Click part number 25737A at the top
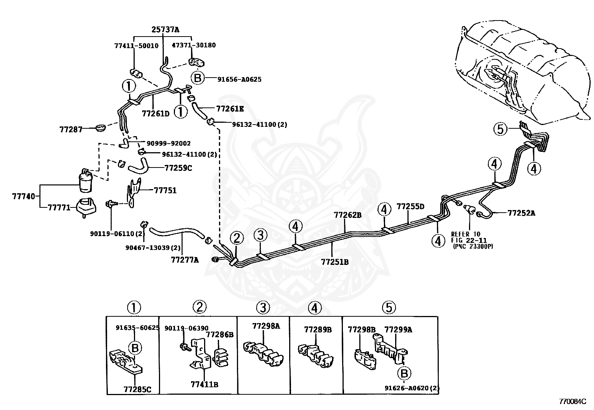(x=165, y=30)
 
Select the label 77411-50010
(x=136, y=46)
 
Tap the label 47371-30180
(x=193, y=45)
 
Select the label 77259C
(x=178, y=168)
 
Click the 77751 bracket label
(x=165, y=190)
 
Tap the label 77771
(x=59, y=207)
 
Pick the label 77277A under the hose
(x=185, y=260)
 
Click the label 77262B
(x=348, y=215)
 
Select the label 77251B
(x=335, y=262)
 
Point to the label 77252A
(x=521, y=213)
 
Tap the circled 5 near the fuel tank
(x=500, y=129)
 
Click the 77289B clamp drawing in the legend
(x=316, y=354)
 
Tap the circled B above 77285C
(x=135, y=348)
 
